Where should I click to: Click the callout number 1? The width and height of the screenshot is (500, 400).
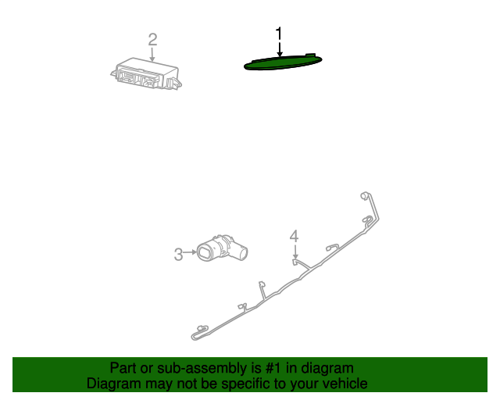point(279,34)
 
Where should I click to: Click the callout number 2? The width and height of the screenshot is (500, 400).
point(153,40)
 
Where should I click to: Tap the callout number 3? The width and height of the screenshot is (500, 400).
point(179,255)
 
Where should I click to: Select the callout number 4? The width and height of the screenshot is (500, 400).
point(294,237)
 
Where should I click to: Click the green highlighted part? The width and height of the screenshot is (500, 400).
point(283,62)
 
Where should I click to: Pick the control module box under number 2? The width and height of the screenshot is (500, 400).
point(146,73)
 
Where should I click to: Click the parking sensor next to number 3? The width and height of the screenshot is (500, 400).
point(222,249)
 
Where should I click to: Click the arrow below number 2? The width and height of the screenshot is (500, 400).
point(152,54)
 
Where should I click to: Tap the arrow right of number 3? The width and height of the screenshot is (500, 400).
point(190,252)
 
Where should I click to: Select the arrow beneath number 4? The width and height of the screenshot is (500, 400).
point(295,252)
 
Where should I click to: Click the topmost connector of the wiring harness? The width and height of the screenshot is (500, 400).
point(364,195)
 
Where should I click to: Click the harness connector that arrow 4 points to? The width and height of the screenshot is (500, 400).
point(295,262)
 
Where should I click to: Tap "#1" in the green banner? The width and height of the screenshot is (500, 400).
point(273,368)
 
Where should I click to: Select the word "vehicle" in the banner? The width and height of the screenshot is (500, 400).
point(349,383)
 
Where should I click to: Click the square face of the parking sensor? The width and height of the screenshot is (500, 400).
point(204,252)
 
